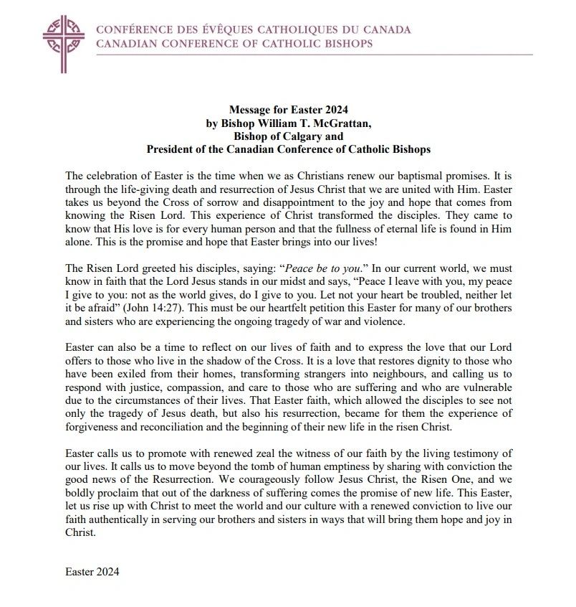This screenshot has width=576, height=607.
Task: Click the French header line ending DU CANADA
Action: click(x=254, y=31)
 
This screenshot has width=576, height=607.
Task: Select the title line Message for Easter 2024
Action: click(x=288, y=110)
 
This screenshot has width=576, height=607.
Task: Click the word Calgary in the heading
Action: click(x=303, y=136)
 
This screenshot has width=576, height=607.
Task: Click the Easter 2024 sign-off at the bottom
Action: click(x=92, y=573)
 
